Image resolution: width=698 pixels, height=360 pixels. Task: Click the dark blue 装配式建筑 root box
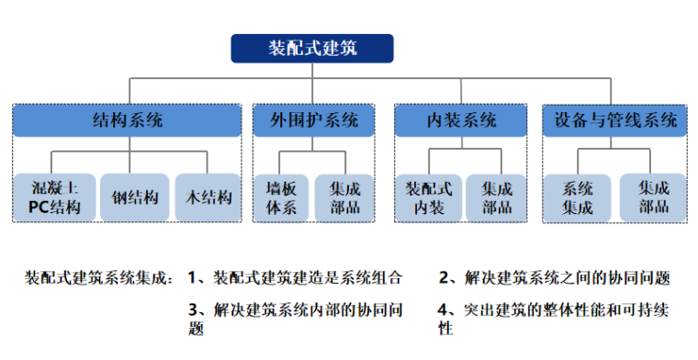point(311,48)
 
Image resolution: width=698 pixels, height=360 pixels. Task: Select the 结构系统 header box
point(128,120)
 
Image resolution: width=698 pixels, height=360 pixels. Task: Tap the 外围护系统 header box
point(314,120)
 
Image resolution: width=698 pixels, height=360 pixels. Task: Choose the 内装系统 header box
point(461,120)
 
